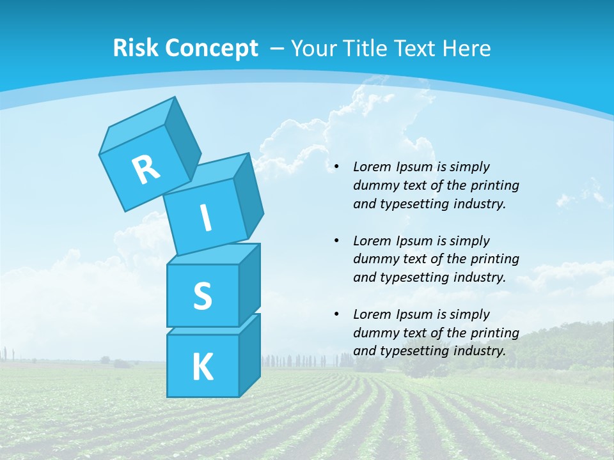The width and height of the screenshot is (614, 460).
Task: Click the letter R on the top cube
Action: pyautogui.click(x=146, y=170)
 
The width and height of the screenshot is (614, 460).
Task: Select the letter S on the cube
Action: pyautogui.click(x=202, y=296)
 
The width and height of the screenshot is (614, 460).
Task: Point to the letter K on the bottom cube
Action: pyautogui.click(x=202, y=367)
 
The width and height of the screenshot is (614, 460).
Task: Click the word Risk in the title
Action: pyautogui.click(x=136, y=48)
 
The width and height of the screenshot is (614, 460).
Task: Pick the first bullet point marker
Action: pyautogui.click(x=336, y=167)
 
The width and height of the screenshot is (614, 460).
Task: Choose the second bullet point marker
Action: pyautogui.click(x=336, y=241)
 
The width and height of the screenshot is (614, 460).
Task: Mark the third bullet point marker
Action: pyautogui.click(x=336, y=315)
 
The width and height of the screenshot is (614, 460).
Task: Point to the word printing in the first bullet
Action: pyautogui.click(x=496, y=186)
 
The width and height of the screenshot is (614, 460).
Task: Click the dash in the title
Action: pyautogui.click(x=278, y=48)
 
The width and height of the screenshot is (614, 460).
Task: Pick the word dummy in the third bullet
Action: pyautogui.click(x=375, y=333)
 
